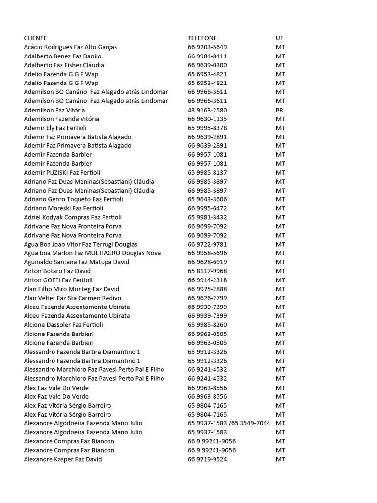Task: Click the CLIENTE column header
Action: [35, 38]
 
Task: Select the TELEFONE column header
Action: [202, 38]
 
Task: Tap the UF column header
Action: [279, 38]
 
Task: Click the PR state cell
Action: [279, 110]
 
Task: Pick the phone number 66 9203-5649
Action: [207, 47]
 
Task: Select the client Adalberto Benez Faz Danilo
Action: [62, 56]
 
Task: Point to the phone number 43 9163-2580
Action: [207, 110]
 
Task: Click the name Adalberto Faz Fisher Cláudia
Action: [64, 65]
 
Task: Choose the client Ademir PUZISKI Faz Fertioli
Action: [62, 172]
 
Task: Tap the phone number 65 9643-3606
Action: [207, 199]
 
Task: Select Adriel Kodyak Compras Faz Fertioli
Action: [73, 217]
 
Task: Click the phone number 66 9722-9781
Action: [207, 244]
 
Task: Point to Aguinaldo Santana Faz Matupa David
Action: [76, 262]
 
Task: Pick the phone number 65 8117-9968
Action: [207, 271]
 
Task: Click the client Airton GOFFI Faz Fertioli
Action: [58, 280]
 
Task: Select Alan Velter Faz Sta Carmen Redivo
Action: [72, 298]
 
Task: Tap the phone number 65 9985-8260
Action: [207, 325]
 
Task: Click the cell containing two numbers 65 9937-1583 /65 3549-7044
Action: [229, 423]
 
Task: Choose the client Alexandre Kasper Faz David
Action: [63, 459]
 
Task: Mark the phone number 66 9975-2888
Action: [207, 289]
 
